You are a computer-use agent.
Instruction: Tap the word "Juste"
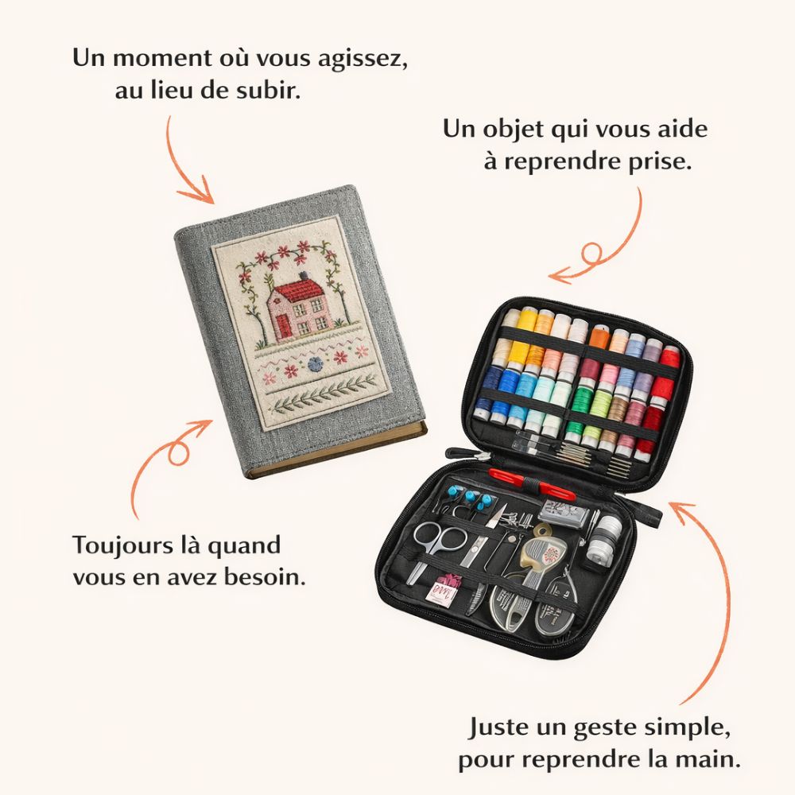499,727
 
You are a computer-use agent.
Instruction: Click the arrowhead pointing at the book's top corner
200,192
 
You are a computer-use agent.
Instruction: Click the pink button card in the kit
438,588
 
